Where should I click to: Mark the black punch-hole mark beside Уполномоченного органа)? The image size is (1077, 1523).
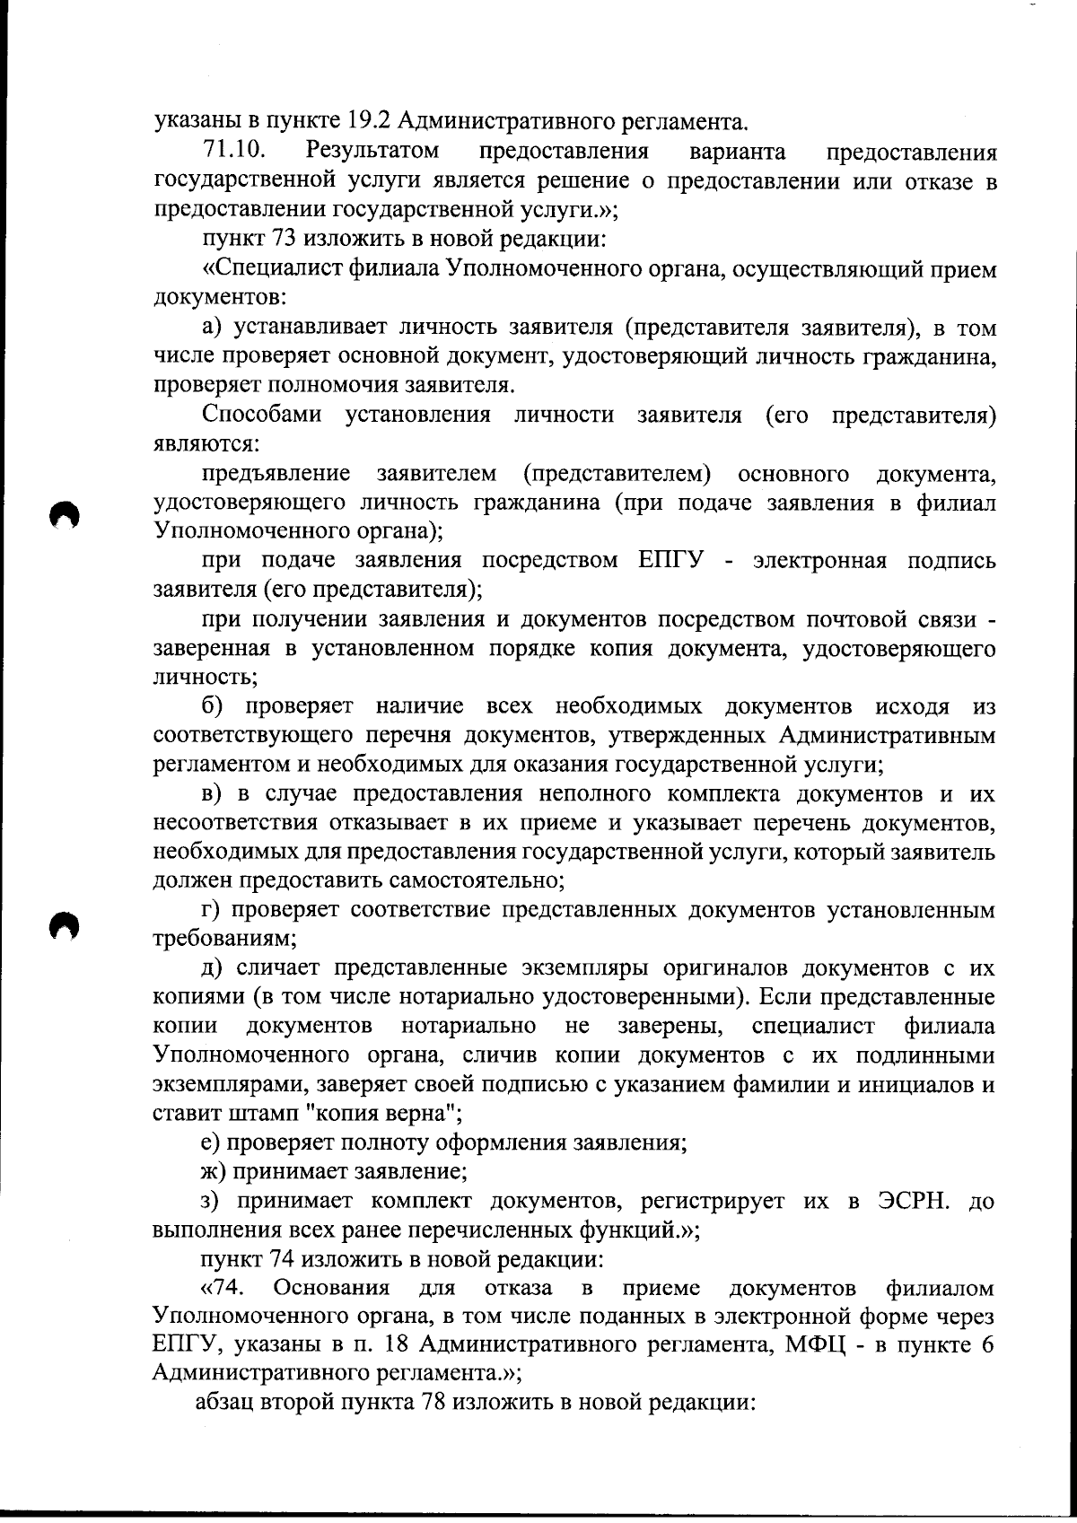click(x=66, y=517)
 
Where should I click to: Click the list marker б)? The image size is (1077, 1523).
click(x=214, y=706)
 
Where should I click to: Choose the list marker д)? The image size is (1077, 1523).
click(x=214, y=968)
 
